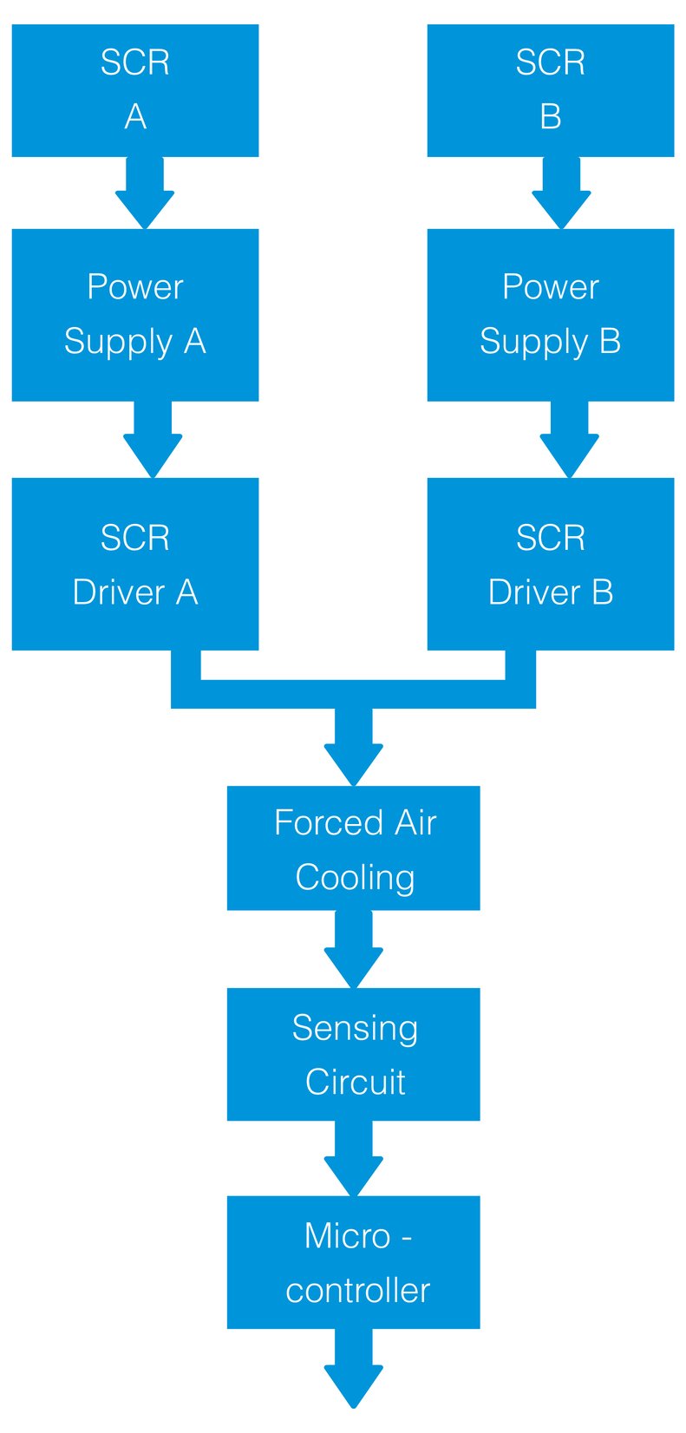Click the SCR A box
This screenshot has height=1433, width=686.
(x=134, y=90)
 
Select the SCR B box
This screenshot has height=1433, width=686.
(x=550, y=90)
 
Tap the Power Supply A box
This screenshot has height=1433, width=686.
(x=134, y=314)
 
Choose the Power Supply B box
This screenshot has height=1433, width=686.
(x=550, y=314)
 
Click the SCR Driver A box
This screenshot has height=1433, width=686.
(x=134, y=564)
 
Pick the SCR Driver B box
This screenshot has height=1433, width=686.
(x=550, y=564)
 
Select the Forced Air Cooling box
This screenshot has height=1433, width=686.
(x=353, y=847)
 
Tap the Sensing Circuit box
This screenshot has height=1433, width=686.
(x=353, y=1054)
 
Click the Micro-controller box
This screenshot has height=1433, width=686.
(x=353, y=1262)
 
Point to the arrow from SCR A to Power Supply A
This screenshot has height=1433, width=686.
(x=145, y=192)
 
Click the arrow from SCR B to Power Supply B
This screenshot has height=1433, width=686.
(x=561, y=192)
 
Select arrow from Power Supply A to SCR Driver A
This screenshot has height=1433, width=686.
(x=153, y=439)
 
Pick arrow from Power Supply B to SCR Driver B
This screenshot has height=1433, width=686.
(x=569, y=439)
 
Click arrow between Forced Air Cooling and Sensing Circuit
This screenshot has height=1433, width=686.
(x=353, y=949)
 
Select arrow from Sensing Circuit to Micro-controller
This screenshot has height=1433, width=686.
(x=353, y=1158)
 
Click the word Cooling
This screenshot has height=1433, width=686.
(x=355, y=878)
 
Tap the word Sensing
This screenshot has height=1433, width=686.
(x=355, y=1028)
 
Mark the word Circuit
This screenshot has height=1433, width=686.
(x=355, y=1083)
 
